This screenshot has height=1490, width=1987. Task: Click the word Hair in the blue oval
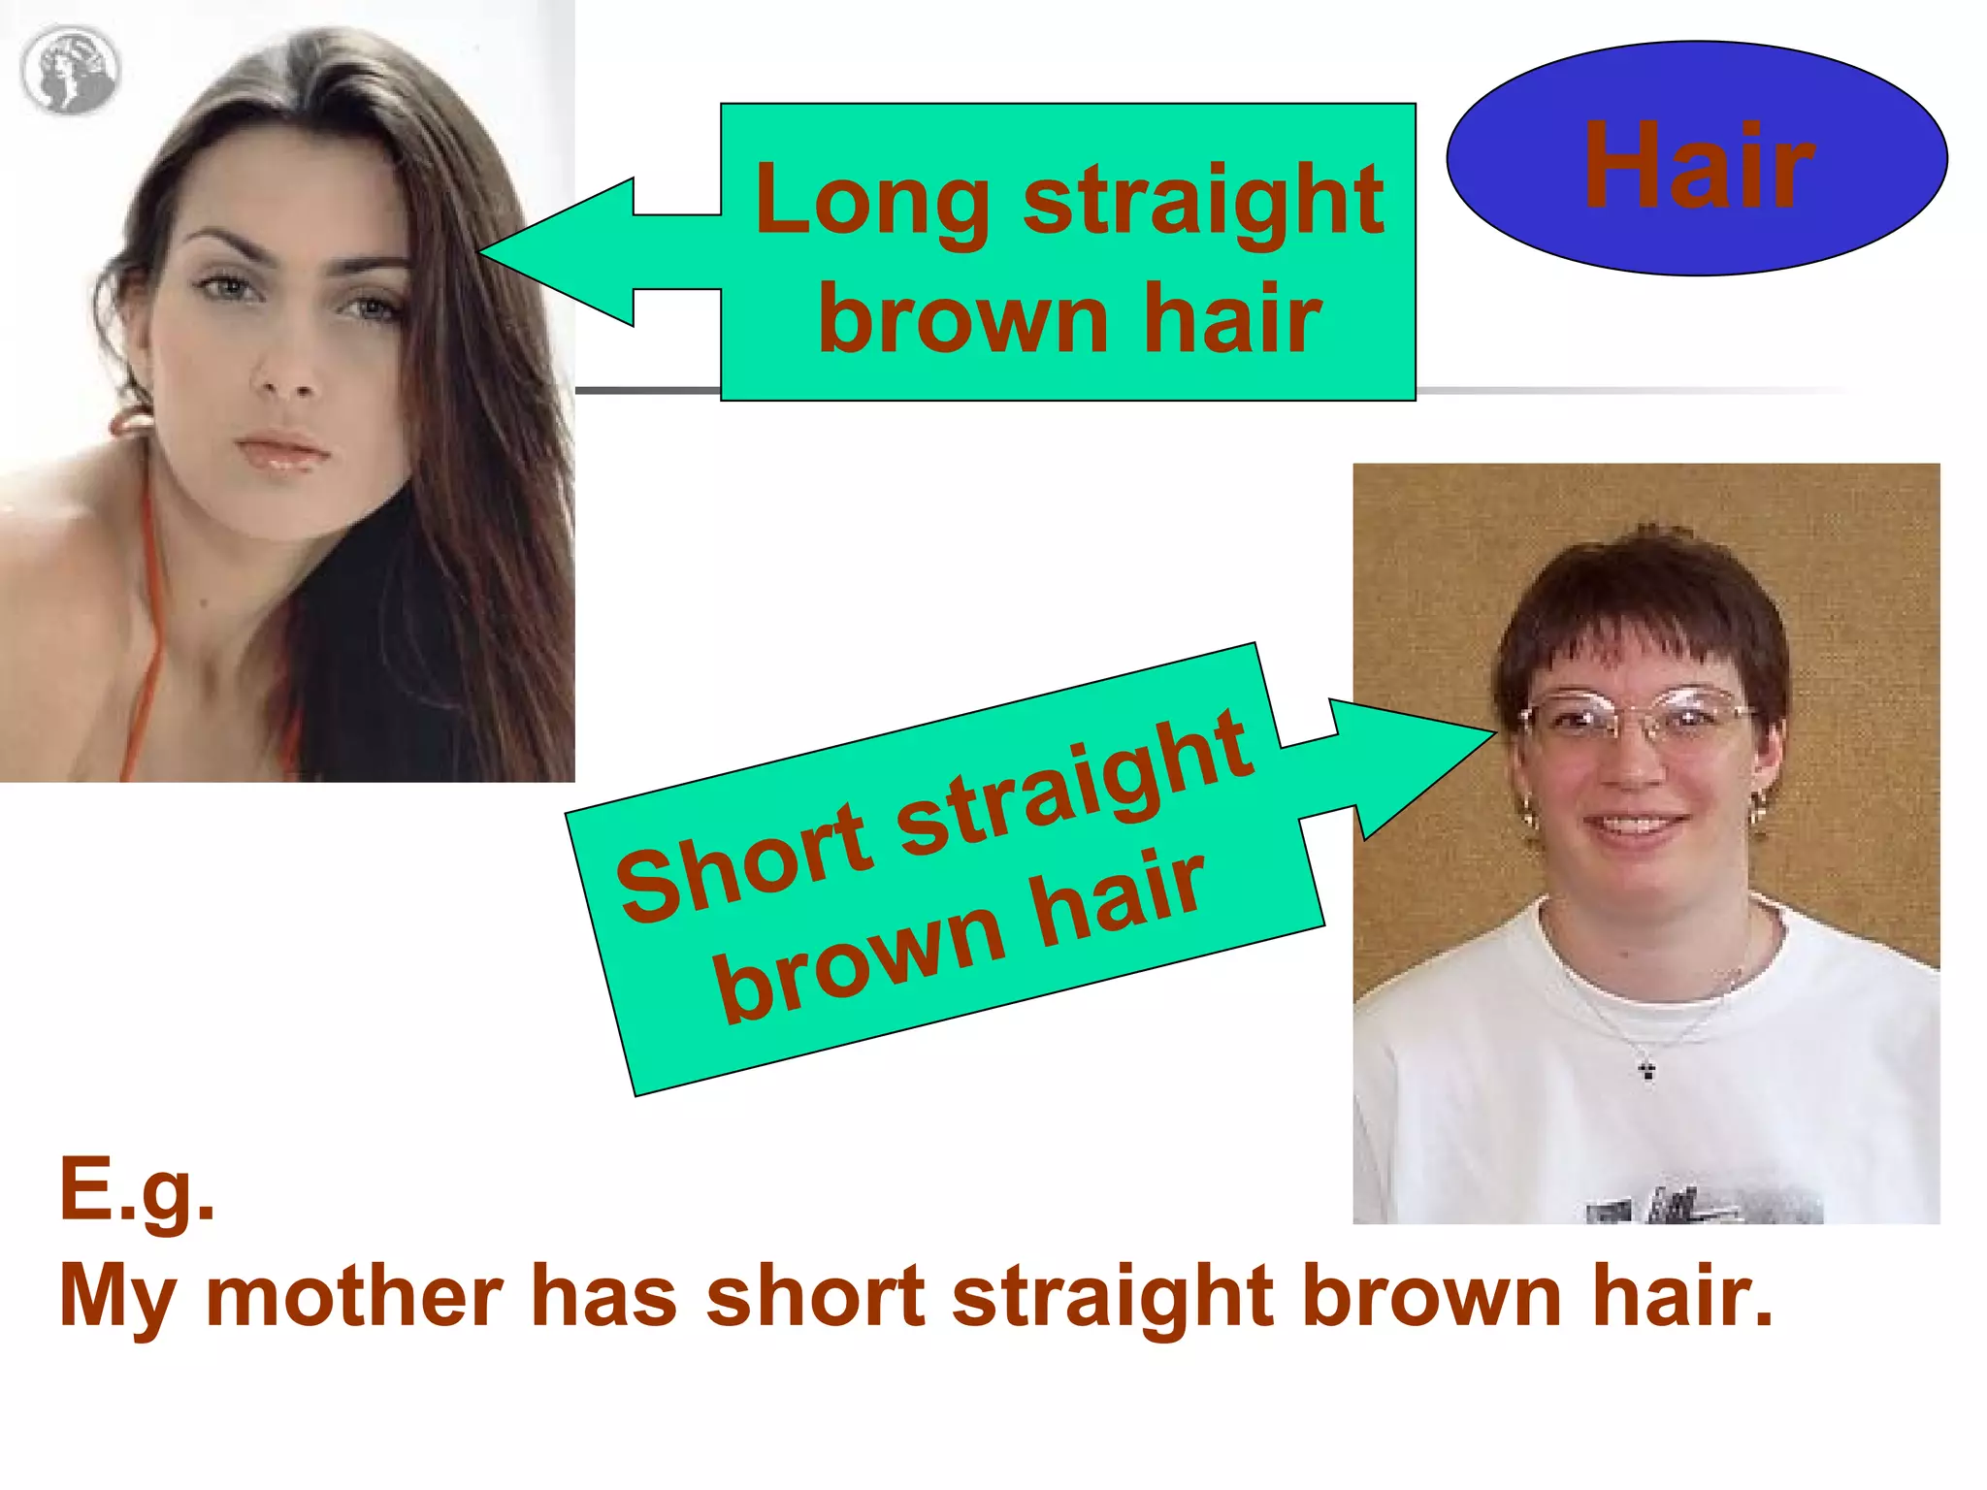tap(1698, 165)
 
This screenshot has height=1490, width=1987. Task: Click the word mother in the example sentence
tap(354, 1296)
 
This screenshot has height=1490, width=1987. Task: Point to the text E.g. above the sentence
tap(137, 1191)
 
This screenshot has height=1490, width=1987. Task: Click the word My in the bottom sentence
tap(117, 1298)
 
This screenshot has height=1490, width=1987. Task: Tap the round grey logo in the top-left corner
tap(69, 70)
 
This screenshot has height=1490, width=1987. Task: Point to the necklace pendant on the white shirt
tap(1646, 1070)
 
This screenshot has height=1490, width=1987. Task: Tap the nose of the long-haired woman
tap(286, 373)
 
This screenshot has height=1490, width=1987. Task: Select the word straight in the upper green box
tap(1203, 202)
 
